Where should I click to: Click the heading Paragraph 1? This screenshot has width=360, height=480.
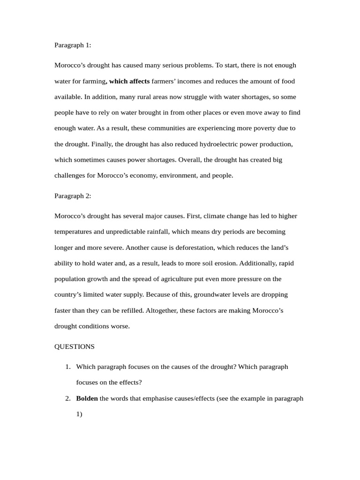point(73,45)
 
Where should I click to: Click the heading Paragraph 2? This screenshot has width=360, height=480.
point(73,196)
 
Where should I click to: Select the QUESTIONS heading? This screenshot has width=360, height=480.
point(75,347)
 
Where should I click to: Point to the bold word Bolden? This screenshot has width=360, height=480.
point(87,398)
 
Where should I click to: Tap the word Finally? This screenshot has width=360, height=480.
point(102,144)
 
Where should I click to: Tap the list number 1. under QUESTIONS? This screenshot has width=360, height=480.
point(68,367)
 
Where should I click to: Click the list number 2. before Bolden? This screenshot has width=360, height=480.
point(68,398)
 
